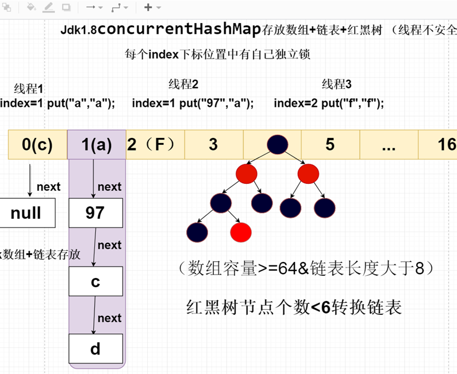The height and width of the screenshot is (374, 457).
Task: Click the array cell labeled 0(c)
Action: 37,144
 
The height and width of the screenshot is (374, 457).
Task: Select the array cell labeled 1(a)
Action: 96,144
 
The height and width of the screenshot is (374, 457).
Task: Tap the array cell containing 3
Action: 213,144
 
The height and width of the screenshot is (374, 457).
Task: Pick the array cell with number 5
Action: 330,144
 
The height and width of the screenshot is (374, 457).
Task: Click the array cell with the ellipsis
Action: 389,144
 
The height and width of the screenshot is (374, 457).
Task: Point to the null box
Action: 26,213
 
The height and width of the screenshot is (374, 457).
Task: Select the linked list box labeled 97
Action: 95,213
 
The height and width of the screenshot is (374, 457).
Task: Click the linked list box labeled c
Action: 95,282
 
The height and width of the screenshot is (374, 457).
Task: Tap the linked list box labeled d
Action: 95,349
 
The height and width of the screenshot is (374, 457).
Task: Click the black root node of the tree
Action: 277,144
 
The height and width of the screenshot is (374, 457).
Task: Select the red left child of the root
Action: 245,173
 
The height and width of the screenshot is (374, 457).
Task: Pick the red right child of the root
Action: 308,173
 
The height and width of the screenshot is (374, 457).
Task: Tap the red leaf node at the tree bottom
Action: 241,232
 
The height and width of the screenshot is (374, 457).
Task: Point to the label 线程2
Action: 183,84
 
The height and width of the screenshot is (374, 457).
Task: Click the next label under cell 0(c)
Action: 48,187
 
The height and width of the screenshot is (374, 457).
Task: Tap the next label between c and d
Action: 109,318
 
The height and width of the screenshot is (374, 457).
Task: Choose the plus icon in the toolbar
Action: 148,7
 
